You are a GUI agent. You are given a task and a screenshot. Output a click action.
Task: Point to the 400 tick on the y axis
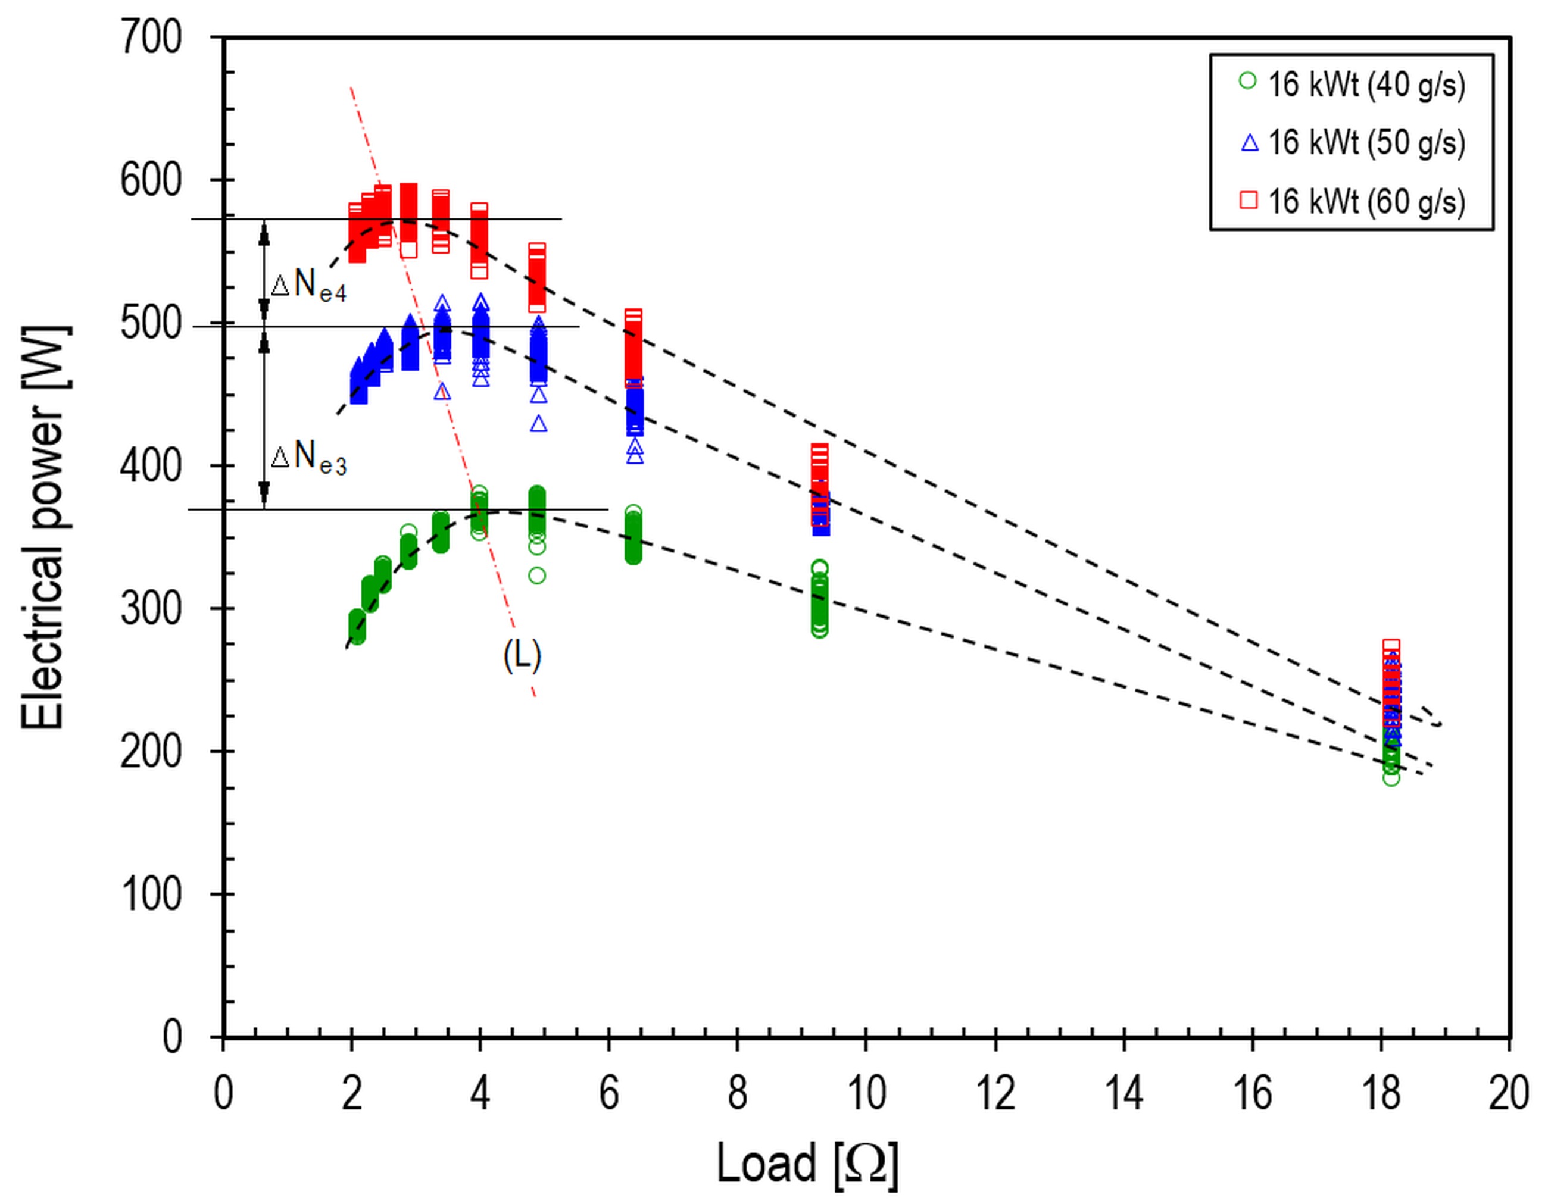tap(151, 466)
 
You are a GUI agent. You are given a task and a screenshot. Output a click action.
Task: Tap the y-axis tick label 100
tap(151, 895)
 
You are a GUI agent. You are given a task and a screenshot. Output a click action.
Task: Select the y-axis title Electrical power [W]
tap(44, 528)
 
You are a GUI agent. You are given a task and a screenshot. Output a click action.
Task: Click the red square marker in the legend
tap(1248, 201)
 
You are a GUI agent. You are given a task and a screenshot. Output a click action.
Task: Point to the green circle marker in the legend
tap(1248, 82)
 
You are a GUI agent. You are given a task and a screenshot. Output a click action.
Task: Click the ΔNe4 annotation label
tap(309, 285)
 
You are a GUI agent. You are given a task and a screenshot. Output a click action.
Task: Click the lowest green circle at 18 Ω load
tap(1391, 778)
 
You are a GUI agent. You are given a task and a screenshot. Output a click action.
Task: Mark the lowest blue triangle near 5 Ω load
tap(539, 424)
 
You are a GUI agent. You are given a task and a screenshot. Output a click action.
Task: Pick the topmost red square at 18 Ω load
tap(1391, 646)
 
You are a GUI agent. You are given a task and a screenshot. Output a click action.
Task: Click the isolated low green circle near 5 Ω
tap(537, 576)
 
